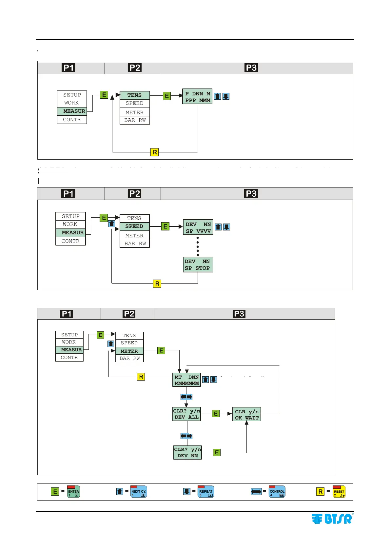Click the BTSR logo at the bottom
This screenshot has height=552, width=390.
coord(332,519)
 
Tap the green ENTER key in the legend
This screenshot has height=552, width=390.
coord(73,492)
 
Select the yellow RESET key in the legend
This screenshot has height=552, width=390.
coord(339,492)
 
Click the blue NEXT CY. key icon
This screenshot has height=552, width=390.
coord(139,492)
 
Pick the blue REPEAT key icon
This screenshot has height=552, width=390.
coord(206,492)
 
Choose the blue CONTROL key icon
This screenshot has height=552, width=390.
coord(277,492)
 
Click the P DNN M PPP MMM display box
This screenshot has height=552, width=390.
coord(197,97)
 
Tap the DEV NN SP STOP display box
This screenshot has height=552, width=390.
coord(198,265)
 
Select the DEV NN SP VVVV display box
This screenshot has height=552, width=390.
coord(198,227)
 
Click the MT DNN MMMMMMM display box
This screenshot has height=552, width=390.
coord(186,380)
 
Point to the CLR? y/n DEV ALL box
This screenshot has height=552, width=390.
coord(186,414)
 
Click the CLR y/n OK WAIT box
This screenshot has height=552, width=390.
coord(246,414)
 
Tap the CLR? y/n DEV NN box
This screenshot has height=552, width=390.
coord(187,452)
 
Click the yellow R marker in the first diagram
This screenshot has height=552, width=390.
coord(155,152)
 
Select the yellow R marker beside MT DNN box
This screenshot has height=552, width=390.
coord(141,377)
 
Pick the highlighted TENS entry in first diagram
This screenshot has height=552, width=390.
coord(135,95)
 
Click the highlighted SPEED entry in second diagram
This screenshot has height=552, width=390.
coord(134,227)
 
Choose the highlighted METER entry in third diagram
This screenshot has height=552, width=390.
coord(129,351)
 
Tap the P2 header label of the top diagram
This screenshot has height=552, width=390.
coord(135,68)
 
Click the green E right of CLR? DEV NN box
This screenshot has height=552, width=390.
coord(217,453)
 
